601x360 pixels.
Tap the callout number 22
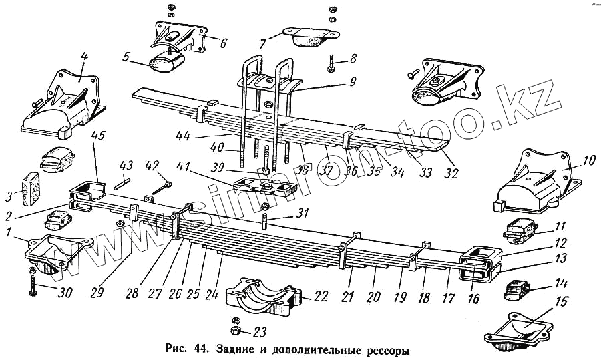321,297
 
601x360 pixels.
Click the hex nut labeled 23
234,330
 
